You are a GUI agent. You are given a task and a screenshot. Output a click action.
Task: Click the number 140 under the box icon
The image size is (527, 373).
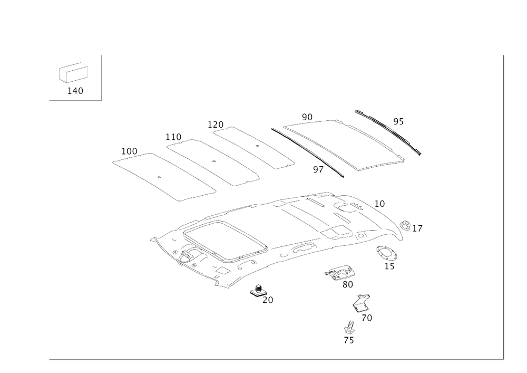click(x=75, y=91)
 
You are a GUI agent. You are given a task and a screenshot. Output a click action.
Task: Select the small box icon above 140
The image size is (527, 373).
click(x=72, y=73)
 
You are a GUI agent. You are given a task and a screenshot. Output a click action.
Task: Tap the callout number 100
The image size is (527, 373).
click(x=129, y=151)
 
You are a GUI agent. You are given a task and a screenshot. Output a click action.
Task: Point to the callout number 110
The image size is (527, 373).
click(x=173, y=137)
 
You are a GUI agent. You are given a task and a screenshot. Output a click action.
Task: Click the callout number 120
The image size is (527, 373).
click(x=215, y=124)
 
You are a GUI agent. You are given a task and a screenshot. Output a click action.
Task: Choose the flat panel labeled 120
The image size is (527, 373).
click(x=256, y=147)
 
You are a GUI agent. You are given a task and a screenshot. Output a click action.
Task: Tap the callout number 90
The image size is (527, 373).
click(x=307, y=116)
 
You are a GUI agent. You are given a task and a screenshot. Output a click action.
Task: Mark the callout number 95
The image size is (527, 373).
click(x=398, y=122)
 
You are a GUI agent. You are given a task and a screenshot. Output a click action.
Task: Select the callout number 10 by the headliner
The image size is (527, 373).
click(x=379, y=203)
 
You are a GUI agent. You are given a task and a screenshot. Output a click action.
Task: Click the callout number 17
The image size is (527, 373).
click(x=418, y=229)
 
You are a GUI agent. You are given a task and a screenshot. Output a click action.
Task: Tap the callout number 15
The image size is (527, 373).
click(x=390, y=266)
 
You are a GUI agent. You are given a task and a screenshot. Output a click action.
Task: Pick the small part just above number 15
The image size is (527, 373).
click(x=387, y=253)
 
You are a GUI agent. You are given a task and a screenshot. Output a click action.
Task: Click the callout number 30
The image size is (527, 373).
click(x=347, y=285)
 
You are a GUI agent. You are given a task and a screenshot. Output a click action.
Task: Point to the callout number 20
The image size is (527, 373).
click(x=268, y=300)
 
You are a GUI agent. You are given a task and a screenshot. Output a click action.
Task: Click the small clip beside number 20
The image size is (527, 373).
click(x=258, y=290)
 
